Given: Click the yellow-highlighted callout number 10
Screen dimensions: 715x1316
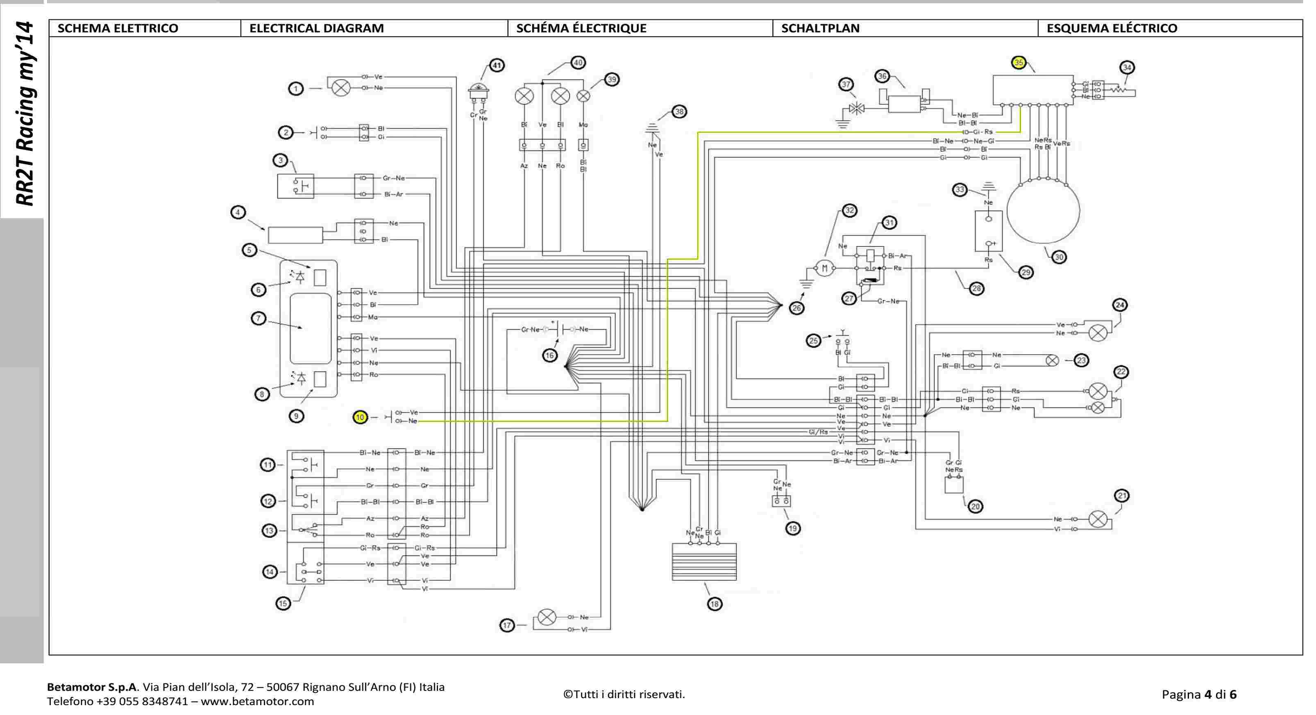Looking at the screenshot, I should click(360, 417).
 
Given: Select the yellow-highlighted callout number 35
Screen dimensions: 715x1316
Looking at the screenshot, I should click(1019, 62).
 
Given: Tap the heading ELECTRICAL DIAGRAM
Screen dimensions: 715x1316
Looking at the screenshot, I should click(316, 28).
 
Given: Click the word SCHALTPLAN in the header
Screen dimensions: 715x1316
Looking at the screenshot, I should click(820, 28).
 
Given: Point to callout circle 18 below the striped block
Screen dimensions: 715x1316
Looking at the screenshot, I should click(714, 603).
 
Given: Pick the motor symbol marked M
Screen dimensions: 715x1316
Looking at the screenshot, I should click(824, 268).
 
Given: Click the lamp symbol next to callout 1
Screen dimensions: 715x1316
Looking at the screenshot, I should click(341, 88).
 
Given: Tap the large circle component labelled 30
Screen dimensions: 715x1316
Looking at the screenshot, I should click(1043, 211).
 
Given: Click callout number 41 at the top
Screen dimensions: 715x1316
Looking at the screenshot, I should click(497, 66).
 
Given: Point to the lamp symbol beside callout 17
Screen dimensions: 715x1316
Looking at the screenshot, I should click(547, 617).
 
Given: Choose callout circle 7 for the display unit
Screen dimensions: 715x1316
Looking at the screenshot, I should click(259, 319).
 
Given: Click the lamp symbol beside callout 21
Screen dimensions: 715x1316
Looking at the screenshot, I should click(1098, 520).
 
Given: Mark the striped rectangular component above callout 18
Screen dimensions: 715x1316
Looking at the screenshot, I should click(704, 562).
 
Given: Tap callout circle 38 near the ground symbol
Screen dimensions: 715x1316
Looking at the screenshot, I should click(679, 112).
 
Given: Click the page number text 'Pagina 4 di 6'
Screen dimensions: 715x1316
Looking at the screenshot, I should click(1198, 694).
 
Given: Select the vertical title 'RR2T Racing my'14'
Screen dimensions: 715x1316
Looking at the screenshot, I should click(24, 114).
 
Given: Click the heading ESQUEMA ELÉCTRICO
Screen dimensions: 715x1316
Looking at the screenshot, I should click(1112, 28).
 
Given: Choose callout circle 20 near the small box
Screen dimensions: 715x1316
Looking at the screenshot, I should click(975, 506).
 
